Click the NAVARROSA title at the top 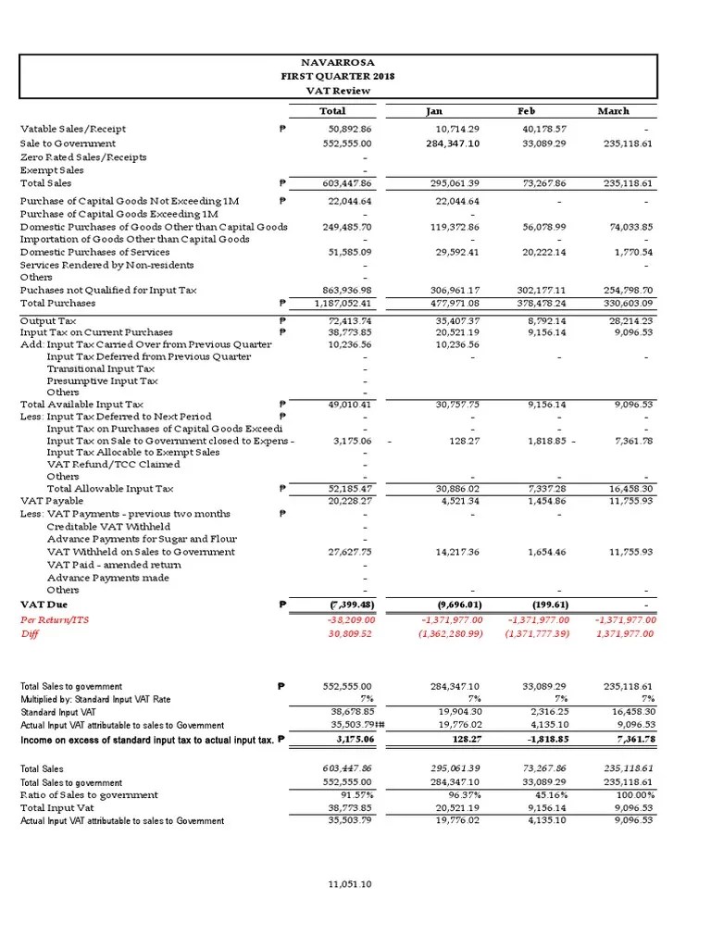pos(338,61)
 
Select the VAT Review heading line pos(338,91)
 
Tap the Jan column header pos(434,111)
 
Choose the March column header pos(613,111)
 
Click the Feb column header pos(526,111)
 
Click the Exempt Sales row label pos(52,170)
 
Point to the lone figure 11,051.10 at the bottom pos(349,884)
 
